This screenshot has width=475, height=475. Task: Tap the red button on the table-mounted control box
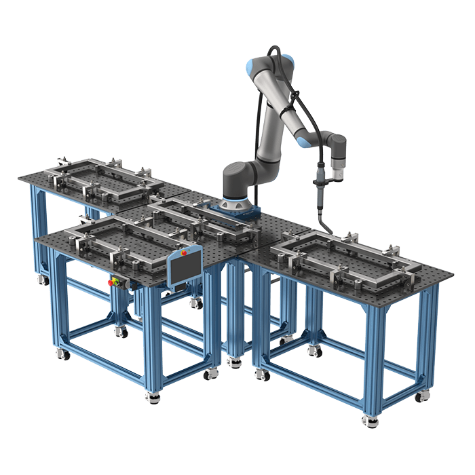pyautogui.click(x=111, y=282)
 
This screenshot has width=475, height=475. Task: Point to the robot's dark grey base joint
pyautogui.click(x=239, y=182)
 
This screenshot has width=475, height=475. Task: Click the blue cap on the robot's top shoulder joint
pyautogui.click(x=253, y=66)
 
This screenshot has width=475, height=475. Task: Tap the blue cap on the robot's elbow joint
pyautogui.click(x=303, y=141)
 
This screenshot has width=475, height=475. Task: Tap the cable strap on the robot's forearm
pyautogui.click(x=297, y=109)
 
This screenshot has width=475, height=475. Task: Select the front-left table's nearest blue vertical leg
pyautogui.click(x=151, y=339)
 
